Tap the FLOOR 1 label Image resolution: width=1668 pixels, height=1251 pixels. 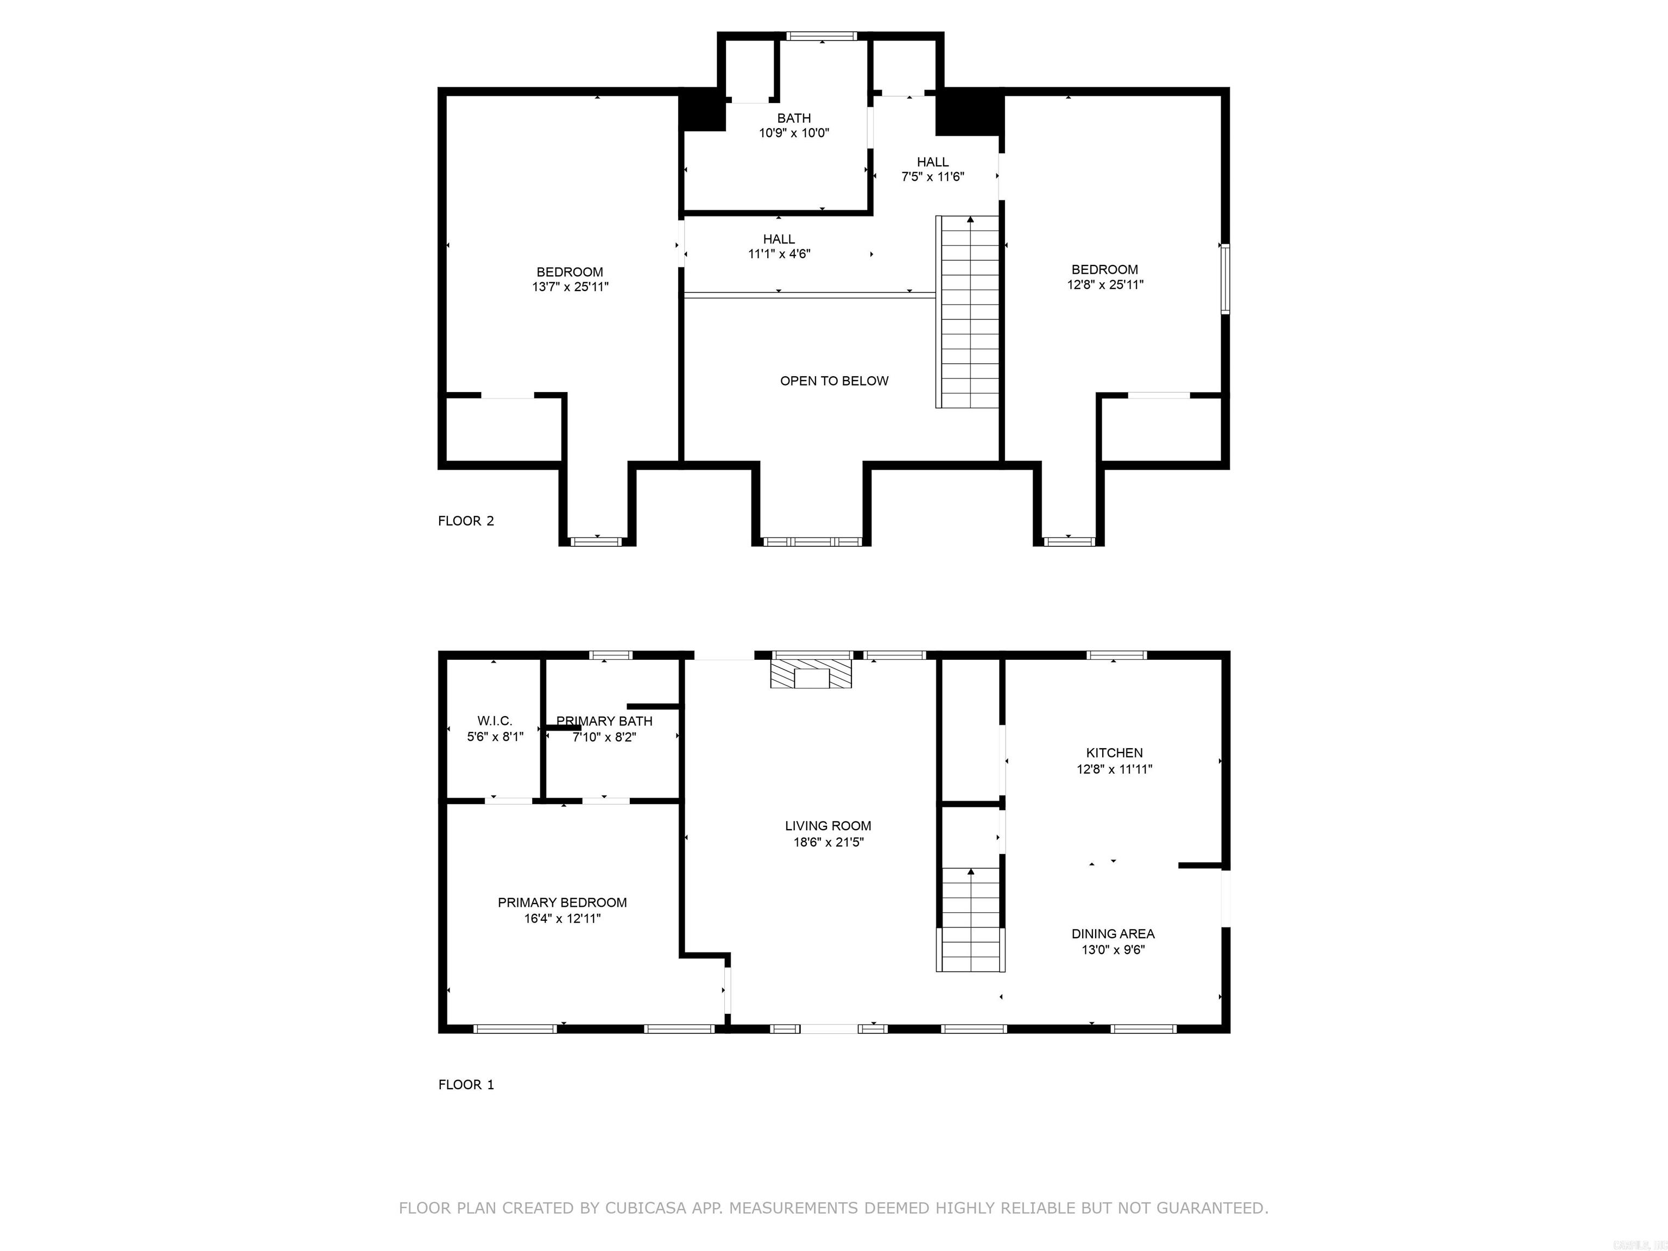(x=465, y=1084)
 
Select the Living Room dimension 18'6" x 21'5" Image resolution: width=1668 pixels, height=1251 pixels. (x=828, y=842)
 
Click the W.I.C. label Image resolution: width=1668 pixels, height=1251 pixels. (x=495, y=721)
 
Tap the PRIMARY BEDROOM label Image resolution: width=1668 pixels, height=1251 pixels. (x=562, y=902)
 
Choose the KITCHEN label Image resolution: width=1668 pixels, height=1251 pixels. (x=1114, y=753)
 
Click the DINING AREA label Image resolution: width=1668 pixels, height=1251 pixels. (x=1113, y=933)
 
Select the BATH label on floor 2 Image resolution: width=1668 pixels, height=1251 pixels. (x=794, y=118)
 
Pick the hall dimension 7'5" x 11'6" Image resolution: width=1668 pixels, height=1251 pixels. (x=933, y=177)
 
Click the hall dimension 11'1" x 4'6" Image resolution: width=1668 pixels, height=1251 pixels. (x=779, y=254)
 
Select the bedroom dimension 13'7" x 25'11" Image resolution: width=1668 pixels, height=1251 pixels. (x=570, y=287)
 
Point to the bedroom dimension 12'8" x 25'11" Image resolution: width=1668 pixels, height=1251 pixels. (x=1105, y=285)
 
